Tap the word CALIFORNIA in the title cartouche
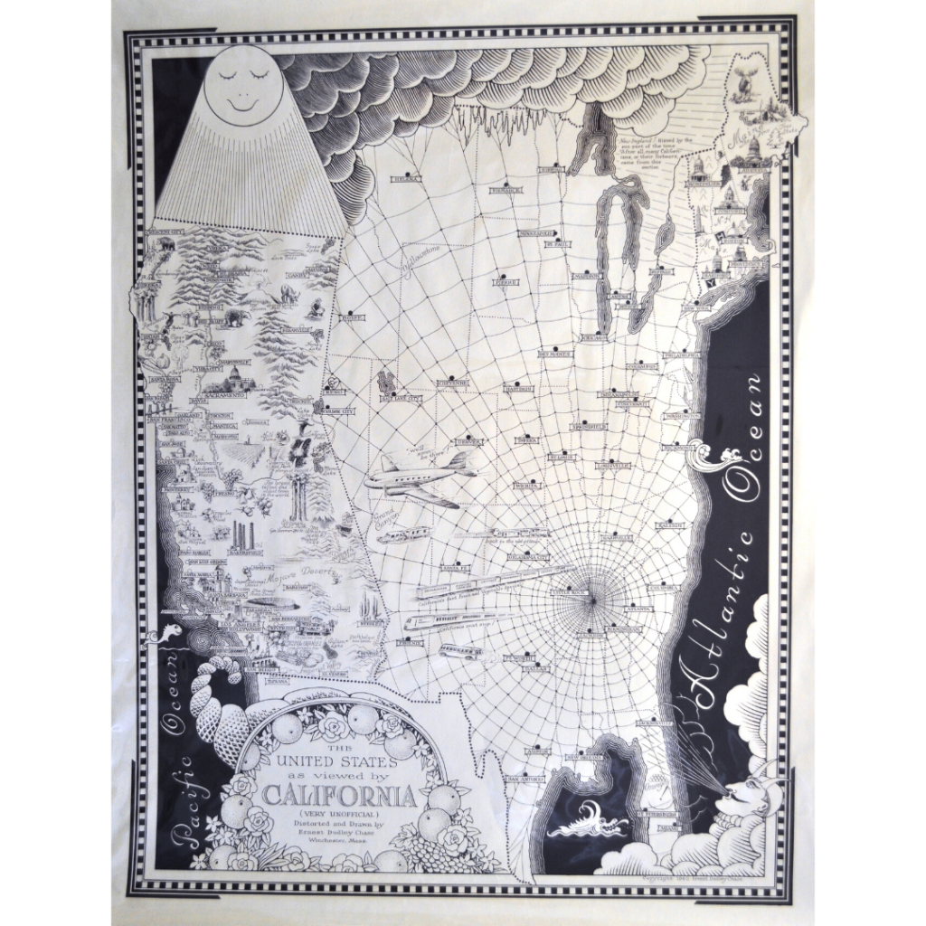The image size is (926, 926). tap(339, 797)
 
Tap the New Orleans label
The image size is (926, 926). tap(583, 756)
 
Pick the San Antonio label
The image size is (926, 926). tap(527, 778)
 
